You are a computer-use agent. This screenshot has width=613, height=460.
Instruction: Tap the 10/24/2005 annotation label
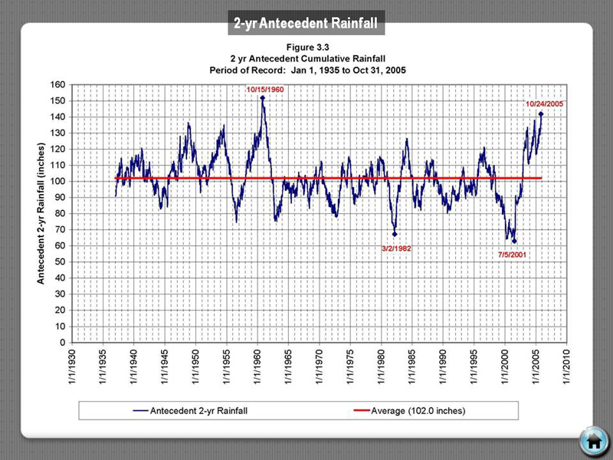[x=544, y=104]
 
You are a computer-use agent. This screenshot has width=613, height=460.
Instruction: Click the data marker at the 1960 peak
[x=263, y=97]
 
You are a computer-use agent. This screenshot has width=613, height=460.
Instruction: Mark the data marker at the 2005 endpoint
[x=541, y=113]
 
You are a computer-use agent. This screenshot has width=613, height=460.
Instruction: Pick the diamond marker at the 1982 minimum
[x=395, y=235]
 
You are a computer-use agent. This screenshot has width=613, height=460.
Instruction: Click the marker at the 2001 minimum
[x=515, y=242]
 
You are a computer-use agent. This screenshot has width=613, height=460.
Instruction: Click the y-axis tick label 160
[x=57, y=84]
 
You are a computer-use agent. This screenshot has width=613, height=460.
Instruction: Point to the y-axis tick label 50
[x=59, y=262]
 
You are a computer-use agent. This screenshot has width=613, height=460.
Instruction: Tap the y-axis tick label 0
[x=61, y=343]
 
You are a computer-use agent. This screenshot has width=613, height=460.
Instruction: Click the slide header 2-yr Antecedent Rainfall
[x=306, y=24]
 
